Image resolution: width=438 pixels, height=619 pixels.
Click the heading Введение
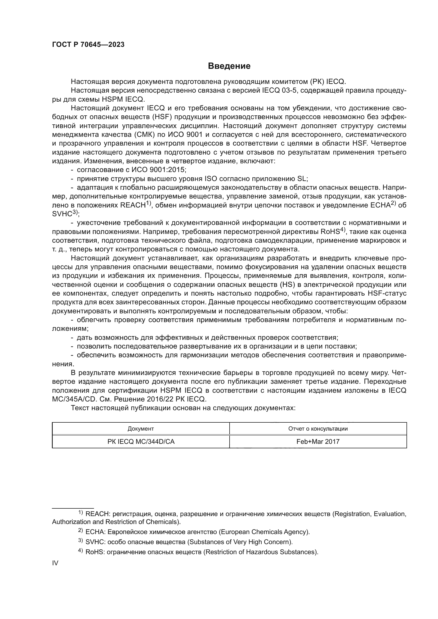pos(229,66)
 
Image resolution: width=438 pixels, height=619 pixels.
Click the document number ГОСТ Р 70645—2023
pos(88,45)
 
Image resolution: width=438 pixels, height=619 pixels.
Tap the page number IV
pos(55,563)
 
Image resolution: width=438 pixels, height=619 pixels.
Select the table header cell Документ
pos(141,429)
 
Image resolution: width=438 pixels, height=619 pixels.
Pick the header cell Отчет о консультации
pos(318,429)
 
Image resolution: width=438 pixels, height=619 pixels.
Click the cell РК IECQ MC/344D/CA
pos(141,442)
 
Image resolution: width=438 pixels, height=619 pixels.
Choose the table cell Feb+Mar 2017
pos(318,442)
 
